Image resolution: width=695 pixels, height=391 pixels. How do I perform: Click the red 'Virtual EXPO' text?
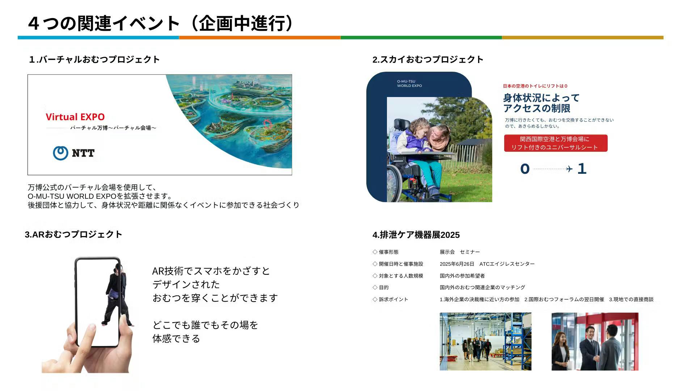click(x=75, y=117)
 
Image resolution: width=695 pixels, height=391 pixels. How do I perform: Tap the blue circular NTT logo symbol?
click(x=60, y=153)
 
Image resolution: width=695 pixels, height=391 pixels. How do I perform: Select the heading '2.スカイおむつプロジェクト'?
click(x=428, y=59)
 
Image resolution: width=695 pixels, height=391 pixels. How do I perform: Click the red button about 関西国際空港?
click(x=556, y=143)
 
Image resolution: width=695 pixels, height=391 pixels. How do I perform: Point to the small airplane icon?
click(x=569, y=169)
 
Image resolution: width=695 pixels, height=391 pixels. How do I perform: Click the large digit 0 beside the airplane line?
click(x=525, y=169)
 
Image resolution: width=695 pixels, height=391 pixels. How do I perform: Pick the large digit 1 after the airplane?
click(x=582, y=168)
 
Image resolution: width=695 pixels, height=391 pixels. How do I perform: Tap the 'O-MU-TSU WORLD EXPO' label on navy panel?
click(x=409, y=84)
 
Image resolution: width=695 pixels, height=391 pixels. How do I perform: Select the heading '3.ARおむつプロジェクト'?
click(x=73, y=234)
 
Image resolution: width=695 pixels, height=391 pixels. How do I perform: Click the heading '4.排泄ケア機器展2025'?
click(x=416, y=235)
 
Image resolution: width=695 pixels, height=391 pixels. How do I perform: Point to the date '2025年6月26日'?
click(x=457, y=264)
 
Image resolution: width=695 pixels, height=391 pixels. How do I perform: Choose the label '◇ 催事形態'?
click(x=386, y=252)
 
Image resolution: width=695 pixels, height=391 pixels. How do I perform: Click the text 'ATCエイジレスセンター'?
click(x=507, y=264)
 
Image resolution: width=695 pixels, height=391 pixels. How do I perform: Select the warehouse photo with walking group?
click(x=485, y=341)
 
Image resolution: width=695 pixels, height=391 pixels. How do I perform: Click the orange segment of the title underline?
click(x=260, y=38)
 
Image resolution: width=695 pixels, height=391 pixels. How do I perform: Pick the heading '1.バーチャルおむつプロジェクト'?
click(x=94, y=59)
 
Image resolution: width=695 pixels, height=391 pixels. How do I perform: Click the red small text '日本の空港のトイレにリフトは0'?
click(x=535, y=86)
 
